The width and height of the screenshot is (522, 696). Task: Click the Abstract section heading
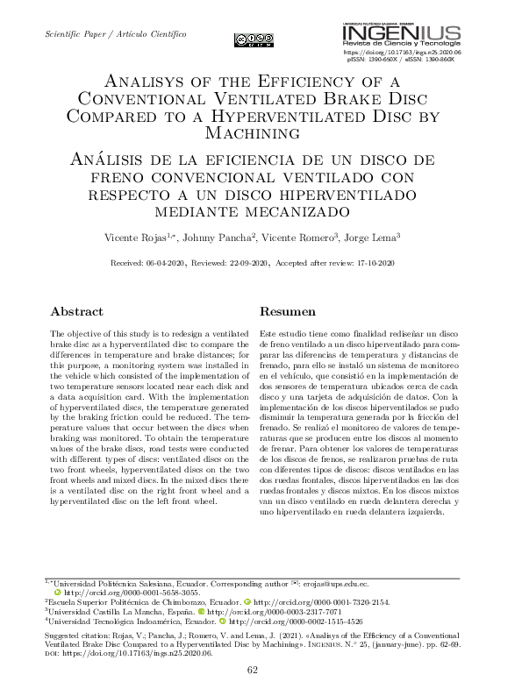(x=76, y=311)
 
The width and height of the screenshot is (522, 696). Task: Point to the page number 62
(x=253, y=671)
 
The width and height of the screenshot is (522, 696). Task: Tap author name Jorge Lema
(x=373, y=238)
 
